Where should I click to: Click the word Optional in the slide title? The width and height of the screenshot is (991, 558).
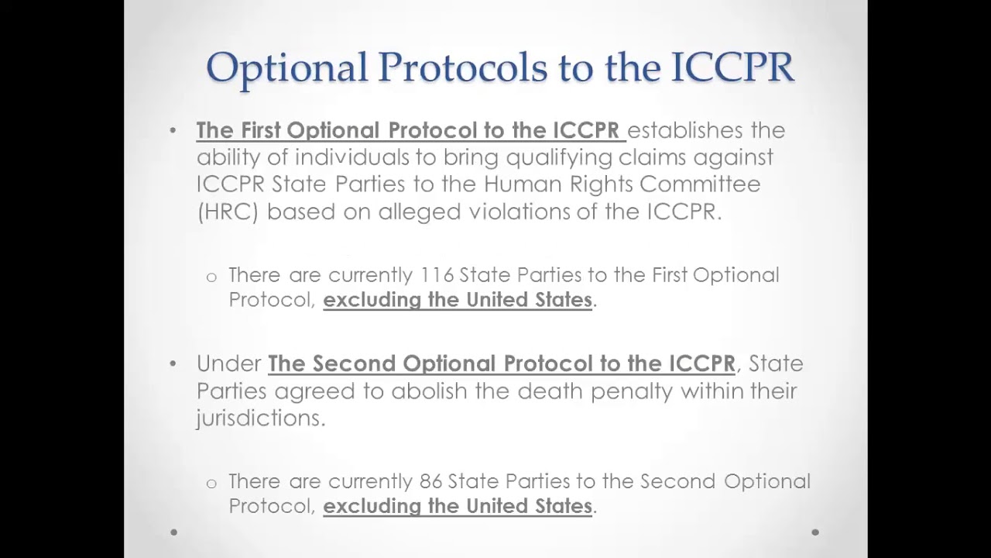click(286, 67)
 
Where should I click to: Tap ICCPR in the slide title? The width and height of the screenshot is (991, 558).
click(732, 67)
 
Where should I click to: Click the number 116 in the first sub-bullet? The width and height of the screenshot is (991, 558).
click(437, 275)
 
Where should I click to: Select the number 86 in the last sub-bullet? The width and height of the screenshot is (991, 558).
click(430, 481)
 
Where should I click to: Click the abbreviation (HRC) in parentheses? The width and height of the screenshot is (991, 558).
click(228, 212)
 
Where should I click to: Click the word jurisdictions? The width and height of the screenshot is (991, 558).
click(260, 418)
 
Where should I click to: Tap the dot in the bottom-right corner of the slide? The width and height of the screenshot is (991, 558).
click(815, 532)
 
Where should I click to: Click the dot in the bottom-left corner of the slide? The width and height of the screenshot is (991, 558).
click(173, 532)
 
